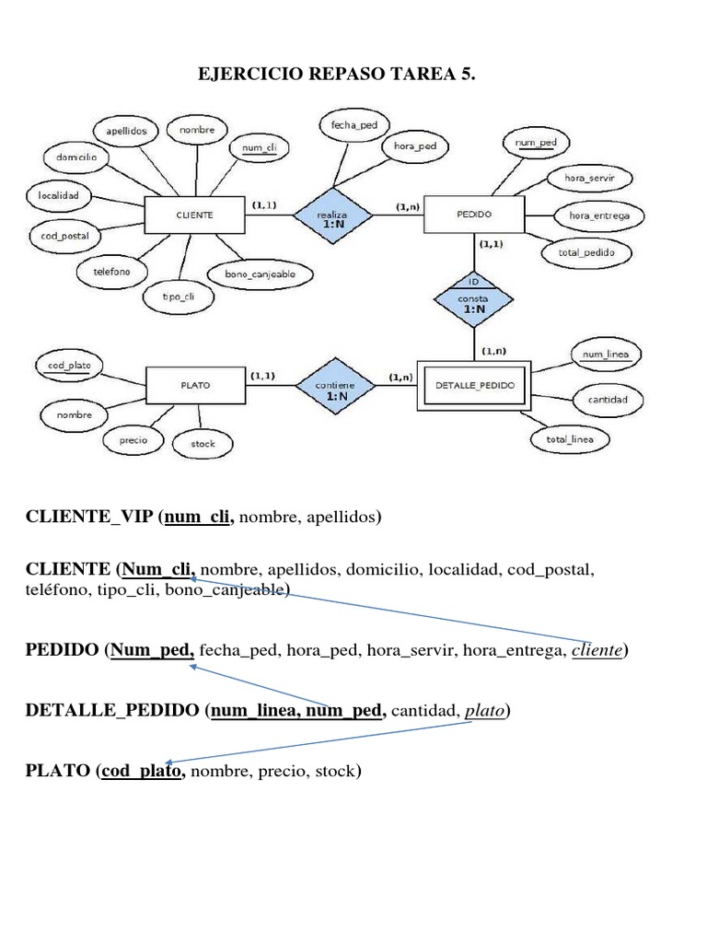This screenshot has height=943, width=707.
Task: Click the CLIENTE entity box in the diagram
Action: click(x=195, y=215)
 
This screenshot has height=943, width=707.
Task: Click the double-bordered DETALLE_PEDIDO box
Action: click(x=475, y=385)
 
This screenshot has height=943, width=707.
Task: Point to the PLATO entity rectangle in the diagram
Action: click(x=195, y=385)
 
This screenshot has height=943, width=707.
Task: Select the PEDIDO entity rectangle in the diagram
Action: click(x=474, y=214)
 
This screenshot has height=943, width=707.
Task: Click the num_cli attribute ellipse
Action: click(x=260, y=147)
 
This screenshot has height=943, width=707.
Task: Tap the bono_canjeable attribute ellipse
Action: click(x=261, y=274)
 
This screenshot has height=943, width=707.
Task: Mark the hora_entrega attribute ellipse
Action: click(x=599, y=215)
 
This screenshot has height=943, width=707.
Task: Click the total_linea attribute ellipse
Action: click(x=570, y=439)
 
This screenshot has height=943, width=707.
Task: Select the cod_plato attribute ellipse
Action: click(x=69, y=365)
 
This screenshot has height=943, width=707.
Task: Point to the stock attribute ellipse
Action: click(x=203, y=443)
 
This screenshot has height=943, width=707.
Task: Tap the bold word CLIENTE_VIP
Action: click(x=88, y=518)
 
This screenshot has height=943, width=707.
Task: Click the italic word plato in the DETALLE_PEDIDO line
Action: click(x=485, y=711)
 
